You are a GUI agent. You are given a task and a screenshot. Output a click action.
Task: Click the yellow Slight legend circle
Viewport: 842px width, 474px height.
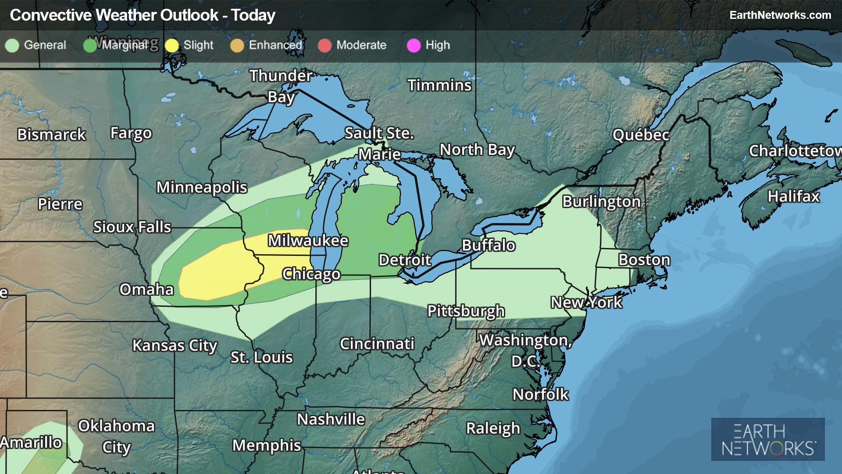(172, 45)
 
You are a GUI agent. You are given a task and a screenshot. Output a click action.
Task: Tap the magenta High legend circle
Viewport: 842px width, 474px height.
(414, 45)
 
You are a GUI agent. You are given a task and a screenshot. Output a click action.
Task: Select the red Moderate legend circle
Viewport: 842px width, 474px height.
(325, 45)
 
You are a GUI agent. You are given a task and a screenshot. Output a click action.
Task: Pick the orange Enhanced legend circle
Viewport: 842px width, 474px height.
(237, 45)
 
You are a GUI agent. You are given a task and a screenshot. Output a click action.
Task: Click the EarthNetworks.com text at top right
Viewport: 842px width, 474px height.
(780, 15)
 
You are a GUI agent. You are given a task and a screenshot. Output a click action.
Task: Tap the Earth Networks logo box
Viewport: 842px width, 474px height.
(768, 439)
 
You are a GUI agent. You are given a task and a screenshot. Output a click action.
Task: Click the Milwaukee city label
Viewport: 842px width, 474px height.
(308, 241)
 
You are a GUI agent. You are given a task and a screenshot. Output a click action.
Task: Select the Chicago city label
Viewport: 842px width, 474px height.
(311, 274)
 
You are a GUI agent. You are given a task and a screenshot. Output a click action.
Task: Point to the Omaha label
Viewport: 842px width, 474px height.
(146, 290)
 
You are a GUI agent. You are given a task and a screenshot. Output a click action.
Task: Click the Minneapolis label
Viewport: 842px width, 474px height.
(202, 187)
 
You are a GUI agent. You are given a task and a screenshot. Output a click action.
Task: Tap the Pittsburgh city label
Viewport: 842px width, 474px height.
(466, 311)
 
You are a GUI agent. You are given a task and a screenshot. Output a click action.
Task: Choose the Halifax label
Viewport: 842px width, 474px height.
(793, 196)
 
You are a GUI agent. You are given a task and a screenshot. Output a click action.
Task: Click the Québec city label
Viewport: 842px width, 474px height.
(641, 135)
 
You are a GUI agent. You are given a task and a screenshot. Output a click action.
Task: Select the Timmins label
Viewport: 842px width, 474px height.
(439, 85)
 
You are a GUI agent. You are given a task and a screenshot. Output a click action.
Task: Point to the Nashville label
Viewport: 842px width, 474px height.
(331, 420)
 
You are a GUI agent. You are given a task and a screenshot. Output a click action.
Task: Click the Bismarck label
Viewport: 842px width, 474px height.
(51, 135)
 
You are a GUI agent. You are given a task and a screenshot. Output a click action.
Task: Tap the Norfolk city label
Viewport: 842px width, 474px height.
(540, 395)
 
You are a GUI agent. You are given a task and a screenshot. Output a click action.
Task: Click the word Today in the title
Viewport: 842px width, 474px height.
(253, 15)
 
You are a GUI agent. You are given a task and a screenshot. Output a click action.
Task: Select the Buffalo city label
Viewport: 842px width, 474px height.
(489, 245)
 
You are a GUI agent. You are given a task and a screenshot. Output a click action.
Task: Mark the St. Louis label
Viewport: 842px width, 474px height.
(261, 357)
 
